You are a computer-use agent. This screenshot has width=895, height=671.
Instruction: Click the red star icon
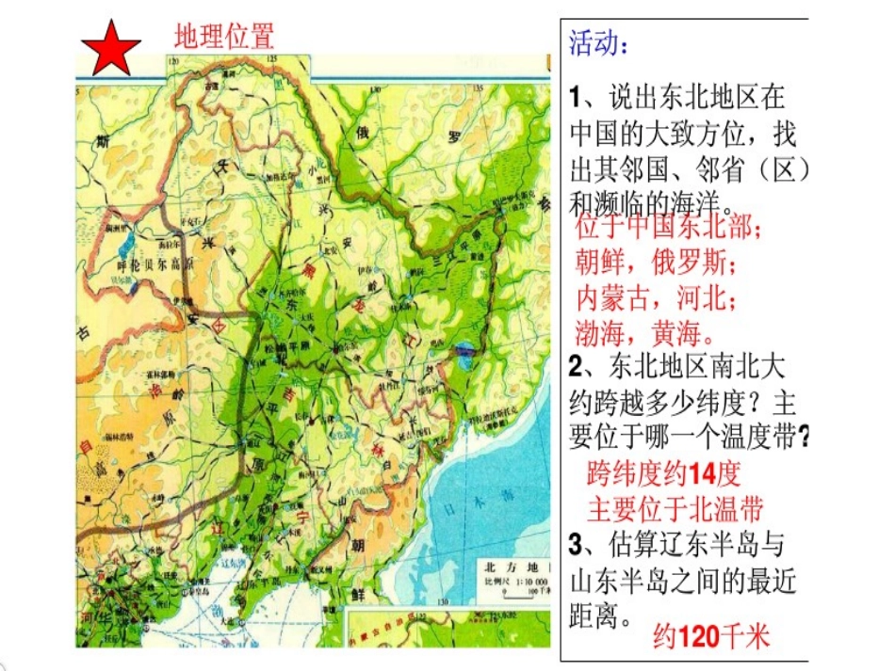coord(111,48)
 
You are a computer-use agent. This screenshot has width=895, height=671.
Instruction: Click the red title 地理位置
coord(224,37)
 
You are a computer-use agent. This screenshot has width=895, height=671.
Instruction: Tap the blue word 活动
coord(597,43)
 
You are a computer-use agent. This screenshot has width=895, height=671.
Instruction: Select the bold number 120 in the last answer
coord(698,637)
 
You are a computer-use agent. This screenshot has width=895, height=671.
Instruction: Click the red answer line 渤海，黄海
coord(645,330)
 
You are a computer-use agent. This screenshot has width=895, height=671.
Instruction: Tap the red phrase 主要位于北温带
coord(675,508)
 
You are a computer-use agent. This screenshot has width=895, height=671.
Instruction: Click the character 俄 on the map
coord(361,134)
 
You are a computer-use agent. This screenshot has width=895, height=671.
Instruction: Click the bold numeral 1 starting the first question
coord(577,97)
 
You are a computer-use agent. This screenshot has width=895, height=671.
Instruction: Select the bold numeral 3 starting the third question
coord(578,544)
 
